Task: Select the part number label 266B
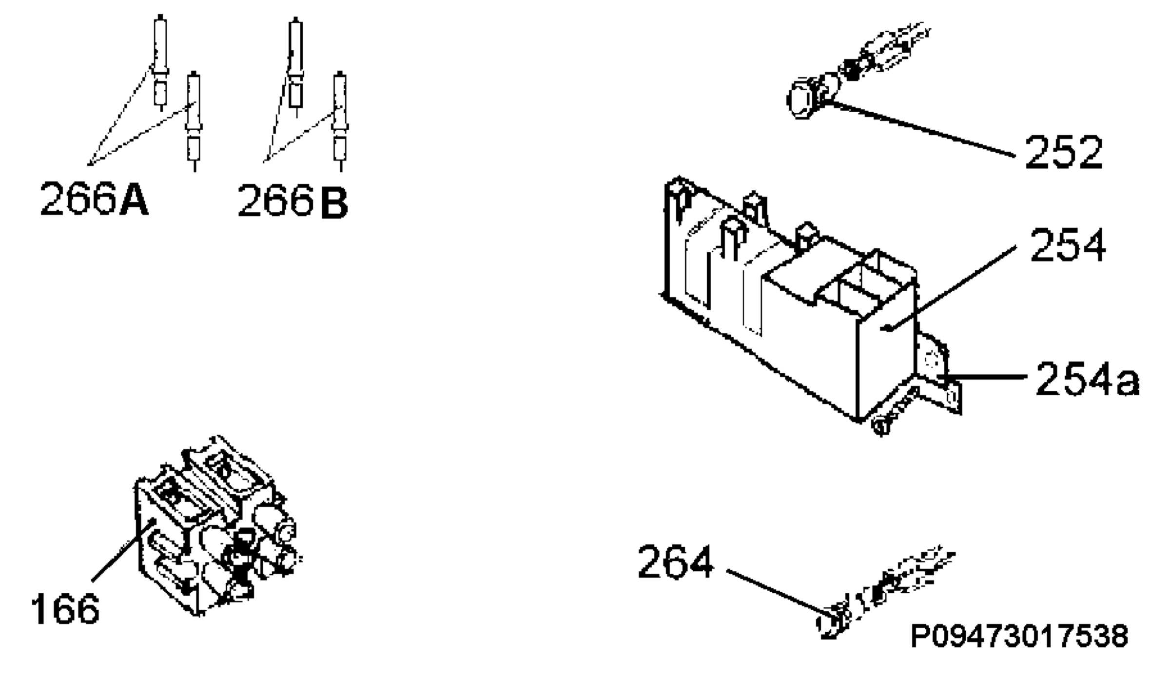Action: click(293, 200)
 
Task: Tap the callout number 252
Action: click(1063, 152)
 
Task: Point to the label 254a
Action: click(1087, 378)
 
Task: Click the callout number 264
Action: click(676, 562)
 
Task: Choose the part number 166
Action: click(65, 609)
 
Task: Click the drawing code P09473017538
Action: click(1019, 636)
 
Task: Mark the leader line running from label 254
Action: click(951, 288)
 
